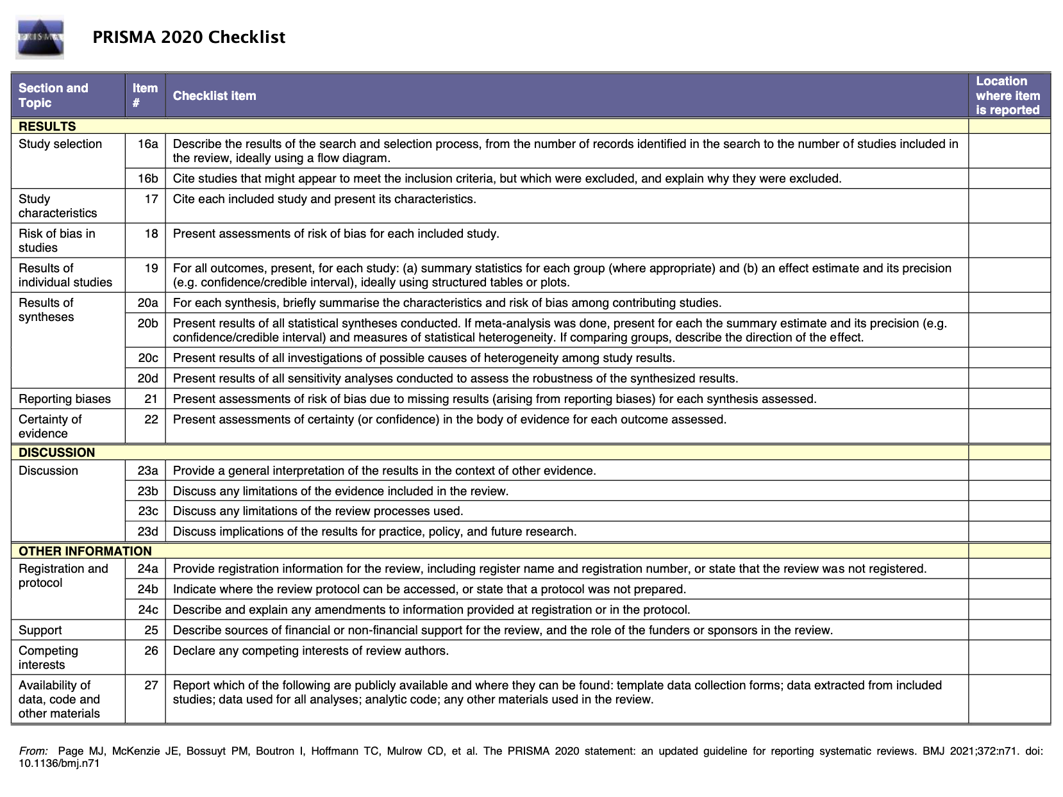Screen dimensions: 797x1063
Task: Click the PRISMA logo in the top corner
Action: pyautogui.click(x=40, y=38)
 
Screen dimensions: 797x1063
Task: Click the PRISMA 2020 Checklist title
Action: pyautogui.click(x=189, y=37)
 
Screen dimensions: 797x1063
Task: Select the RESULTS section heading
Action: pyautogui.click(x=47, y=126)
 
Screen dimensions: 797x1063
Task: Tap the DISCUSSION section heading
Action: pyautogui.click(x=56, y=452)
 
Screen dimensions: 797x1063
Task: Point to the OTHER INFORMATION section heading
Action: pyautogui.click(x=85, y=551)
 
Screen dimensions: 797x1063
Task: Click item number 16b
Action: pyautogui.click(x=147, y=178)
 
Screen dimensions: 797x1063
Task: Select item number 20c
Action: pyautogui.click(x=147, y=357)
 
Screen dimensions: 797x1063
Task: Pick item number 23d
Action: pyautogui.click(x=147, y=531)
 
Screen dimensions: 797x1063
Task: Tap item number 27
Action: pyautogui.click(x=151, y=685)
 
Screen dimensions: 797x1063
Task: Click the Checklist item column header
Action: pyautogui.click(x=215, y=95)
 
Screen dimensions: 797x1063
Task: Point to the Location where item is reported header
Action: pyautogui.click(x=1007, y=95)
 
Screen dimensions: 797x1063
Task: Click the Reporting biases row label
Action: pyautogui.click(x=65, y=398)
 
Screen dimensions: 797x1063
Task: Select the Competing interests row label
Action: pyautogui.click(x=49, y=657)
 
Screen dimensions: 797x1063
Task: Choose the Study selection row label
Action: pyautogui.click(x=60, y=144)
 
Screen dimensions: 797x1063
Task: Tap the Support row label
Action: pyautogui.click(x=40, y=630)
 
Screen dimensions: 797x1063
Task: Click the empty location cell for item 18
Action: pyautogui.click(x=1009, y=240)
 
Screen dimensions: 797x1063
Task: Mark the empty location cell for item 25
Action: pyautogui.click(x=1009, y=630)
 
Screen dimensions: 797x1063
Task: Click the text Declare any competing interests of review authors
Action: pyautogui.click(x=311, y=650)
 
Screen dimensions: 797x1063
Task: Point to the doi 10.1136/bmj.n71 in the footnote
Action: pyautogui.click(x=59, y=763)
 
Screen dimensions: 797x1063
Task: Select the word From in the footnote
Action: pyautogui.click(x=33, y=751)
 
